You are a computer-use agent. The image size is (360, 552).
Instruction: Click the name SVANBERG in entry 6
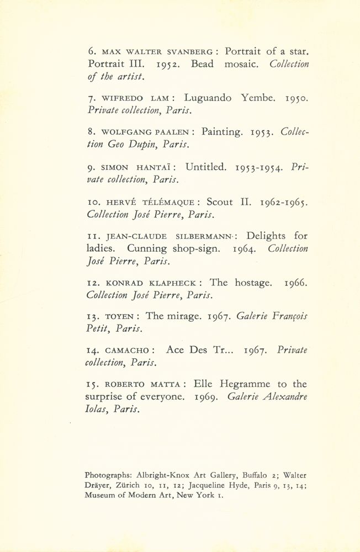[x=189, y=52]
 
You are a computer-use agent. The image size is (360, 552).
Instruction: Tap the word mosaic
[x=242, y=64]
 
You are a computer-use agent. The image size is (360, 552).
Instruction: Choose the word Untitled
[x=206, y=167]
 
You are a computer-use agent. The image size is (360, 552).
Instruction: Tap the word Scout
[x=219, y=201]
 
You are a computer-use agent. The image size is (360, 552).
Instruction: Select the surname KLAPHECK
[x=172, y=283]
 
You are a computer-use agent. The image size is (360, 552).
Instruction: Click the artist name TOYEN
[x=117, y=317]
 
